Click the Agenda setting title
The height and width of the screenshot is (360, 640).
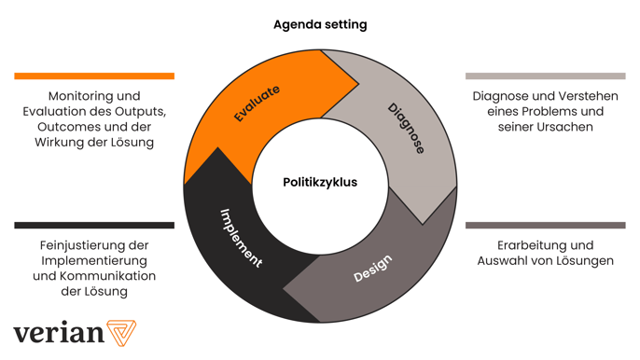click(320, 24)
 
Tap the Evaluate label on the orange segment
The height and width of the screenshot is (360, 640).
click(257, 104)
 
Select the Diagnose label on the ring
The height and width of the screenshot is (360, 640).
click(406, 129)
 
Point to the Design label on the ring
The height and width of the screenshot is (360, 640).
click(373, 269)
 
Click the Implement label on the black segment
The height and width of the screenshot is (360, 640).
click(241, 238)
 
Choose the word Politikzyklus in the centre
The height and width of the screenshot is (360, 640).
click(320, 182)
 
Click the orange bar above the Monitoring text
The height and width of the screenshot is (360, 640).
click(94, 76)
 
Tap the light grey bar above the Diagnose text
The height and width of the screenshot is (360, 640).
click(545, 76)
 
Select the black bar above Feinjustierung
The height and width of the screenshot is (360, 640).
click(94, 225)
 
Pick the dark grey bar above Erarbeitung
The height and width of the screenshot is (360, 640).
click(545, 225)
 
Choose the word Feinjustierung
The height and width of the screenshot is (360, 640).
click(80, 245)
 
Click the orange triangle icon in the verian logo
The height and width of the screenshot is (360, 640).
click(120, 333)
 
